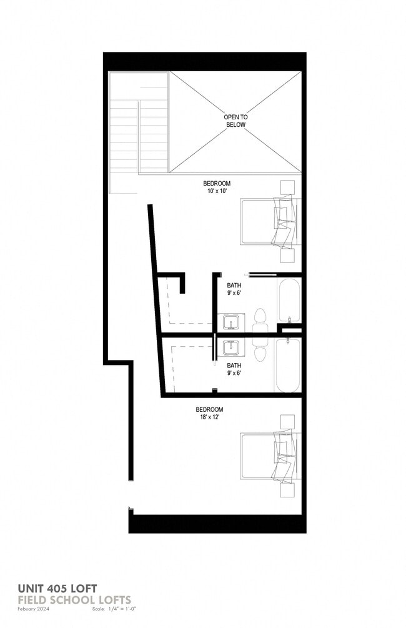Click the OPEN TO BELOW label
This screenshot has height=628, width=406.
click(x=235, y=121)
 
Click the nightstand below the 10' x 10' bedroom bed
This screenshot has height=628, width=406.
click(x=287, y=256)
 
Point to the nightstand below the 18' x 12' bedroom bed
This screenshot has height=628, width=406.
click(x=287, y=489)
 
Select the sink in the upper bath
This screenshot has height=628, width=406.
click(x=231, y=322)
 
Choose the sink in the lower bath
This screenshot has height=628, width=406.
click(x=231, y=346)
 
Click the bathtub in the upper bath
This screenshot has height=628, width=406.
click(x=289, y=301)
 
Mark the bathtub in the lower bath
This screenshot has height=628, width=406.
click(x=289, y=366)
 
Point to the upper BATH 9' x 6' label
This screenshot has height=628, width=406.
click(x=234, y=289)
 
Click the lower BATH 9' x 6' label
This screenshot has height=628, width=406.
click(x=234, y=369)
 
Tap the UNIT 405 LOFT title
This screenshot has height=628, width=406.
click(x=57, y=588)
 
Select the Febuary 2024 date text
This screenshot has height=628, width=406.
click(x=35, y=608)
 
